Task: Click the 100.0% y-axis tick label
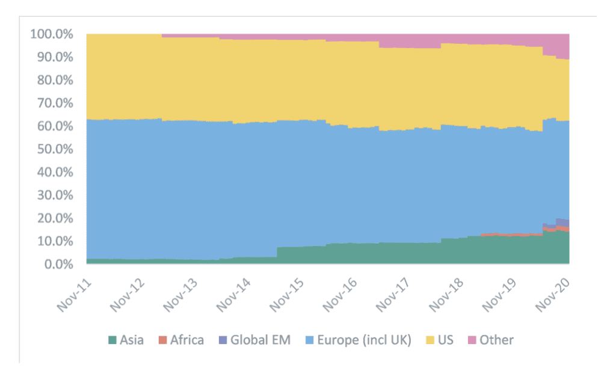[52, 34]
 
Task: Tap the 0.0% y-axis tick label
[58, 264]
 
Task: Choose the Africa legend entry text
[185, 340]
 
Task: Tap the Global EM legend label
[260, 340]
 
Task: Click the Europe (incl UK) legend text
[366, 340]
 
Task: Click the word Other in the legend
[496, 340]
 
